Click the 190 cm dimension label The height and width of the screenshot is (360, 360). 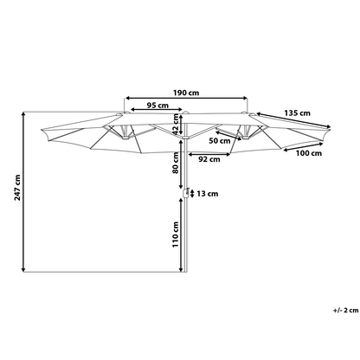[x=186, y=93]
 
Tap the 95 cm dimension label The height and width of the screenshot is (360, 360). [x=157, y=106]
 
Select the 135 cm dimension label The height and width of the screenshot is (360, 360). [x=298, y=113]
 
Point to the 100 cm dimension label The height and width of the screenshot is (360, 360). [x=309, y=153]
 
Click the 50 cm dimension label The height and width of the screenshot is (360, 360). [x=220, y=141]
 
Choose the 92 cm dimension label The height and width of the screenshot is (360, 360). [x=209, y=159]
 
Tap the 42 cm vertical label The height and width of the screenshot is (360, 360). [x=175, y=124]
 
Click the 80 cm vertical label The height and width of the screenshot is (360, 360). [x=175, y=163]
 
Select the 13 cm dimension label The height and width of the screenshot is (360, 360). [x=208, y=194]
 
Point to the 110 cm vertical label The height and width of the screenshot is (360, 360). [x=176, y=235]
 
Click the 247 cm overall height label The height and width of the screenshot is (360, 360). [x=17, y=188]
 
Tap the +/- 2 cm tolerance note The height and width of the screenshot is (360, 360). [x=346, y=311]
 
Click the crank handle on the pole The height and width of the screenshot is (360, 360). [x=185, y=193]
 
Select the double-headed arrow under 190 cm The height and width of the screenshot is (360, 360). [x=186, y=99]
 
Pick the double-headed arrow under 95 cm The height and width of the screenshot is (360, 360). [x=157, y=110]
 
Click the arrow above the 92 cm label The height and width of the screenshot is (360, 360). [x=209, y=155]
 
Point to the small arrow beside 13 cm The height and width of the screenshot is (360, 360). [x=192, y=193]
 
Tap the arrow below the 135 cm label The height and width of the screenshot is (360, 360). [x=292, y=119]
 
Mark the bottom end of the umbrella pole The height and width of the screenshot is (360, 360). [x=185, y=272]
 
